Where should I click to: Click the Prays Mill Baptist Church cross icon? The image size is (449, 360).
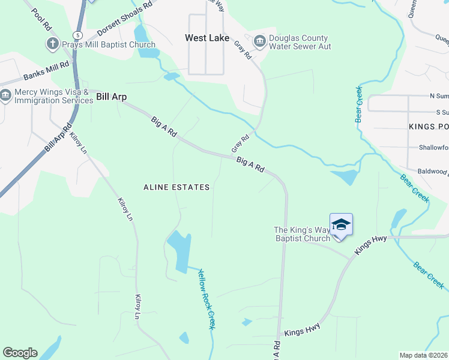pyautogui.click(x=52, y=44)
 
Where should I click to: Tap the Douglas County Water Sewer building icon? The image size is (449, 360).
pyautogui.click(x=260, y=41)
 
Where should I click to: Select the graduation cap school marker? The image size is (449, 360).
pyautogui.click(x=341, y=225)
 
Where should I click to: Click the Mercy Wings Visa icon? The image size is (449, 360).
pyautogui.click(x=6, y=96)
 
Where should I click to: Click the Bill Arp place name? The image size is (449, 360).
pyautogui.click(x=111, y=96)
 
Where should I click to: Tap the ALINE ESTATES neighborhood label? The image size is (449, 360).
pyautogui.click(x=176, y=187)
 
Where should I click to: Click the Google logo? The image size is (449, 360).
pyautogui.click(x=20, y=353)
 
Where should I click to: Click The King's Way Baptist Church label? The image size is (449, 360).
pyautogui.click(x=302, y=234)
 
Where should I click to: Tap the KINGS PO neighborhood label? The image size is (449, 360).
pyautogui.click(x=429, y=127)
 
